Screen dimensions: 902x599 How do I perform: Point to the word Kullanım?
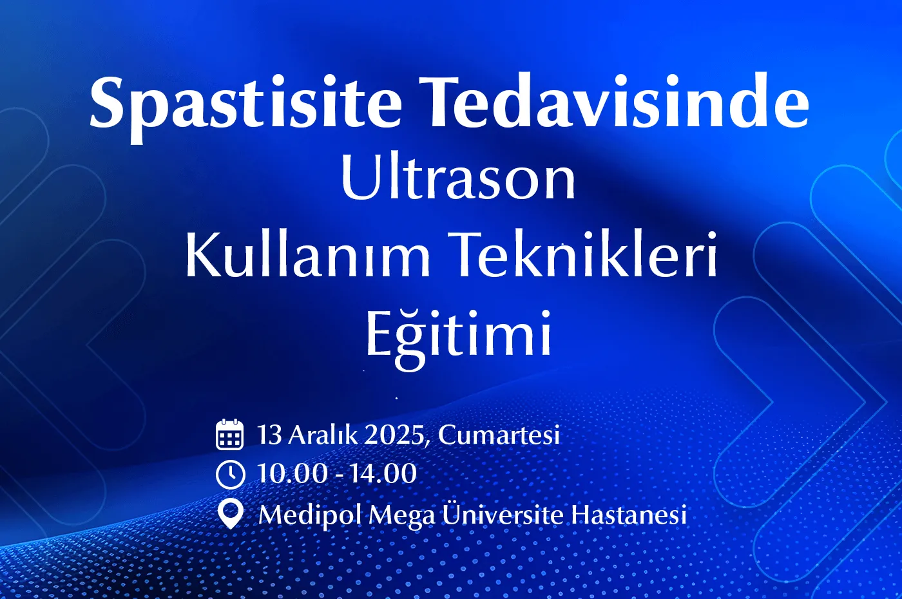tap(308, 254)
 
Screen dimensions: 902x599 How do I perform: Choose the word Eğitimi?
tap(458, 339)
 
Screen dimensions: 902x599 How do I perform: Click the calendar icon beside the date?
tap(229, 434)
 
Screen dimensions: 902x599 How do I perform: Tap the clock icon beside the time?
tap(231, 474)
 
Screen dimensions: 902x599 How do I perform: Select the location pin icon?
tap(230, 514)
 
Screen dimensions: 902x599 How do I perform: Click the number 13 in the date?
tap(269, 434)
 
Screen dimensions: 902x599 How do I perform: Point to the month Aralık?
tap(323, 434)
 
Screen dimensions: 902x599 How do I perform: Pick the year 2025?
tap(394, 435)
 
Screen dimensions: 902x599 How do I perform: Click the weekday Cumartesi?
tap(499, 434)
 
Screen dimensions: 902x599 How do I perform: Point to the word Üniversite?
tap(503, 513)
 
